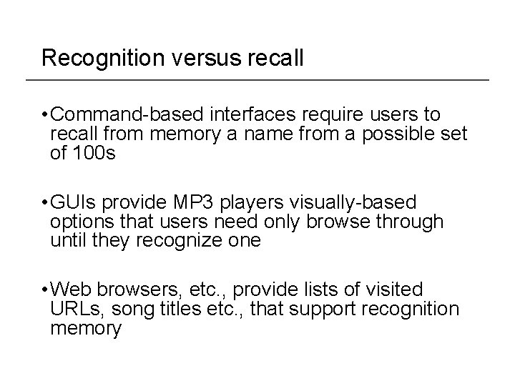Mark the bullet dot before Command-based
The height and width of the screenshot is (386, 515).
coord(45,114)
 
